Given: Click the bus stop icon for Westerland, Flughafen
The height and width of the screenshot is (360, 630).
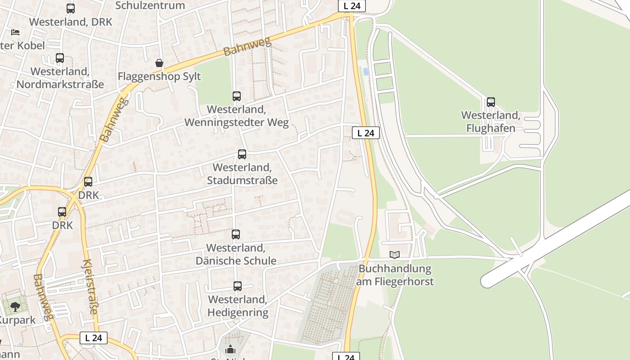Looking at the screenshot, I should point(490,102).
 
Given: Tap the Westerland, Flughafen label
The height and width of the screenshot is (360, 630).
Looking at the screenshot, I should point(490,122).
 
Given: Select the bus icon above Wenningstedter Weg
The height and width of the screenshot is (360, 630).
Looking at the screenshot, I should point(237,96).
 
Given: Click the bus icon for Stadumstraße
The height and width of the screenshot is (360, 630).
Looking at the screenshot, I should point(242,154).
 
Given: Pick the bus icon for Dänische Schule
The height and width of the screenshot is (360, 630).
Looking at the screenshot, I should point(236,234).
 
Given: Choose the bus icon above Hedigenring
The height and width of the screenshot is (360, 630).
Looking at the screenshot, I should point(237,286).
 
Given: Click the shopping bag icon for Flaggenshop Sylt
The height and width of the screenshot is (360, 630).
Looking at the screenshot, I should point(159,63).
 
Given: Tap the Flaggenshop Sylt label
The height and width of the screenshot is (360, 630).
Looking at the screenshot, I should point(159,76).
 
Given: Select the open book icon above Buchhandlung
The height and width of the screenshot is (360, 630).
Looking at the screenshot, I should point(395,255).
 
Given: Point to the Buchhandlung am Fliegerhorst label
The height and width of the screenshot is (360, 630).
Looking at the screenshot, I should point(395,275).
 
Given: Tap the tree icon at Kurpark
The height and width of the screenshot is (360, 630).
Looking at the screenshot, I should point(15,307).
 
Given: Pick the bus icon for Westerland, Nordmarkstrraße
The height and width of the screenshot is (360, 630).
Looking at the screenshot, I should point(60,58).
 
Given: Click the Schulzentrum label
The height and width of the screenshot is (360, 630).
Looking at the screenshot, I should point(150,5).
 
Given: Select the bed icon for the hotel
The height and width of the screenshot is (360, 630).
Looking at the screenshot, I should point(15,32).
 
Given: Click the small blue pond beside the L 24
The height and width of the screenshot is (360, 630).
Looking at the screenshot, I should point(366,71).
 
